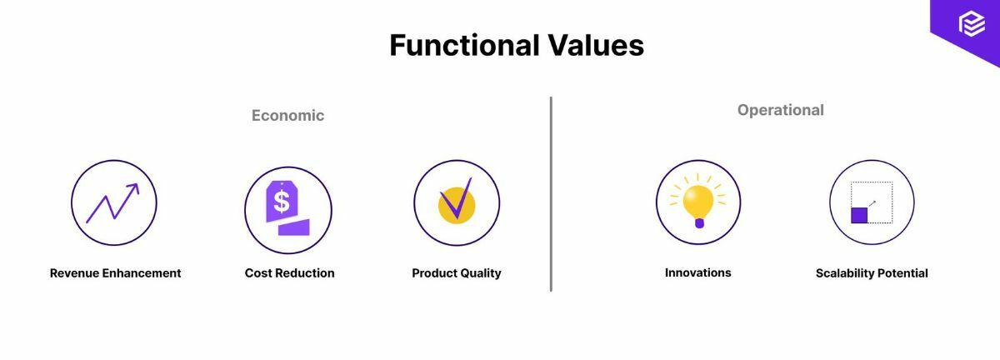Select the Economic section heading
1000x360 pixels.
[287, 116]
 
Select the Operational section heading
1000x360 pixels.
[780, 110]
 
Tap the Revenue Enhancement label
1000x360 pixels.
[115, 273]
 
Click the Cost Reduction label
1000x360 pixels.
[289, 273]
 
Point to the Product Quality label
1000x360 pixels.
[457, 273]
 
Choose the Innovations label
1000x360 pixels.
[697, 272]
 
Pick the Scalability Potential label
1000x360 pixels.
[872, 273]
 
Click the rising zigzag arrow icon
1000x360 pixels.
[112, 203]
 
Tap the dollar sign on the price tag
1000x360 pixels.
[282, 201]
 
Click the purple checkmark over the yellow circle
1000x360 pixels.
[457, 200]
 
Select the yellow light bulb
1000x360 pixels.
[698, 200]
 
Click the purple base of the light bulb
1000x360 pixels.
[698, 222]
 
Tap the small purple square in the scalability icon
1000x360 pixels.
[859, 216]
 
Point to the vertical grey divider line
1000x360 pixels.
[551, 193]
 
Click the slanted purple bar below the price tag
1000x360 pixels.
[294, 227]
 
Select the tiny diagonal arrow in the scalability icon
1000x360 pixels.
[872, 202]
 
